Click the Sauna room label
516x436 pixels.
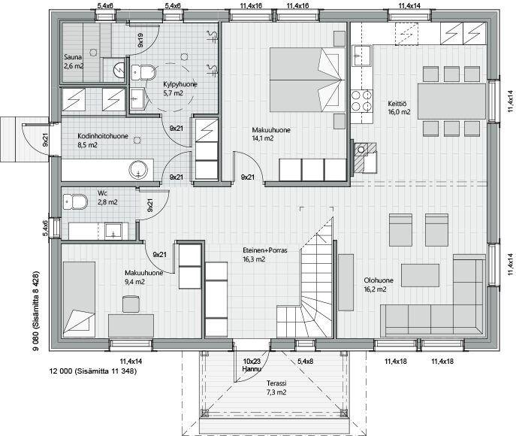point(72,57)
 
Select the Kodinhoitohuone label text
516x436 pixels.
point(103,136)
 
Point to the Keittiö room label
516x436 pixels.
point(397,104)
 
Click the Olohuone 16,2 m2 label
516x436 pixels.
point(379,285)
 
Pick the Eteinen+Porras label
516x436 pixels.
point(265,250)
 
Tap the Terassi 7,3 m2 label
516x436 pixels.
point(276,388)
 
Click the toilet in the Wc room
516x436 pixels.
point(75,201)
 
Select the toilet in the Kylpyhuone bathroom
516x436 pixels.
point(143,72)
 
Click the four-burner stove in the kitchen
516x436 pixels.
point(362,101)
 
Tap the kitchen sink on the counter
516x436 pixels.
point(362,56)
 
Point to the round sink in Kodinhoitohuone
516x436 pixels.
point(138,170)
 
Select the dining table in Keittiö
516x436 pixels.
point(452,101)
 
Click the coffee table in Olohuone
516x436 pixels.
point(421,275)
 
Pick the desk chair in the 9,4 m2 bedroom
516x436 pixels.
point(131,304)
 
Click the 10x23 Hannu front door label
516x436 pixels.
point(252,365)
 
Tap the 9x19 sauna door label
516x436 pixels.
point(140,40)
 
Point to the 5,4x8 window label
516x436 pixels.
point(305,362)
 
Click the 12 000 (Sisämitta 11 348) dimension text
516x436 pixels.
point(93,371)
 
